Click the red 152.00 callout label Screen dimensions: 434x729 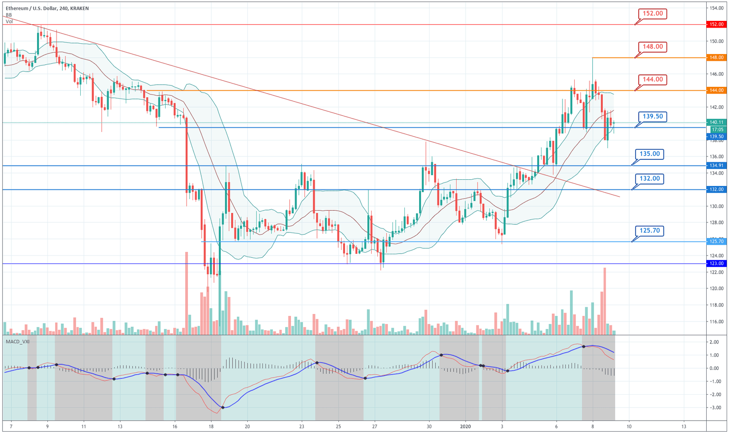pyautogui.click(x=653, y=14)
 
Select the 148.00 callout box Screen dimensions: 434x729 pyautogui.click(x=653, y=47)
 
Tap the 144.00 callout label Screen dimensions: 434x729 pyautogui.click(x=653, y=80)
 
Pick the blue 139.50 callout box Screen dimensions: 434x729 pyautogui.click(x=653, y=117)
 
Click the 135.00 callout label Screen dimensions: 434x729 pyautogui.click(x=649, y=154)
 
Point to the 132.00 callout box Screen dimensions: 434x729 pyautogui.click(x=649, y=179)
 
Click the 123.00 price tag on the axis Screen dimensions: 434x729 pyautogui.click(x=716, y=264)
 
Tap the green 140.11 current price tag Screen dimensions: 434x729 pyautogui.click(x=716, y=122)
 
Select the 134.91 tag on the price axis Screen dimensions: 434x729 pyautogui.click(x=716, y=166)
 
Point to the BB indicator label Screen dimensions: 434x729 pyautogui.click(x=9, y=15)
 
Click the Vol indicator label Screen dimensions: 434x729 pyautogui.click(x=9, y=21)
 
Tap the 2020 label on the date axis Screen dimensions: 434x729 pyautogui.click(x=466, y=426)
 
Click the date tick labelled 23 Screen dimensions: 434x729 pyautogui.click(x=302, y=426)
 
